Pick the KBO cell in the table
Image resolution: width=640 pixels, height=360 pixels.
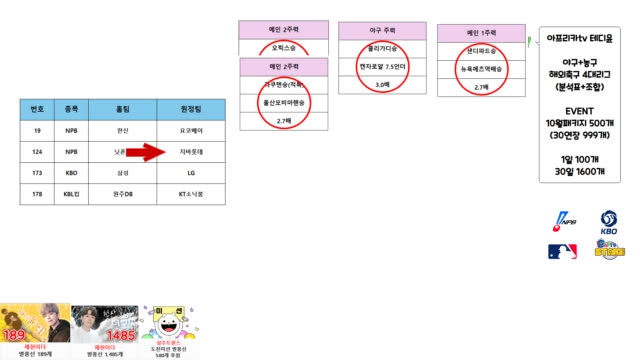pyautogui.click(x=71, y=173)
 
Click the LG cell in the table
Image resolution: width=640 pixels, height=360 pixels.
pyautogui.click(x=185, y=173)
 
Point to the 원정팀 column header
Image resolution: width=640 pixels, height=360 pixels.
pyautogui.click(x=185, y=109)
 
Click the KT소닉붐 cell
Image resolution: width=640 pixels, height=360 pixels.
pyautogui.click(x=185, y=194)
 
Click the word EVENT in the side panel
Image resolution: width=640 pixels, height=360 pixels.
pyautogui.click(x=581, y=110)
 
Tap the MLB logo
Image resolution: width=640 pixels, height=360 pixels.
pyautogui.click(x=562, y=251)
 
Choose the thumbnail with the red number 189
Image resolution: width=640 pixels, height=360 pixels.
pyautogui.click(x=34, y=325)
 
